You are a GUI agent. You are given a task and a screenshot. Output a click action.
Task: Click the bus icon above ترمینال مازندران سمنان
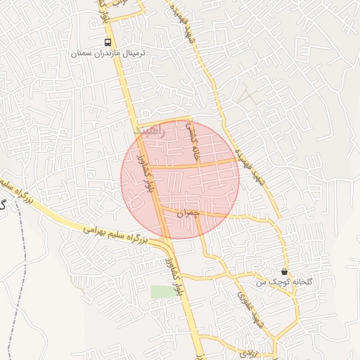click(108, 41)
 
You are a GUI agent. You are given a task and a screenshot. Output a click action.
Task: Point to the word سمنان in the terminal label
click(82, 53)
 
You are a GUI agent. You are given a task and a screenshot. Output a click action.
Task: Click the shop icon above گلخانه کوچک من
click(284, 271)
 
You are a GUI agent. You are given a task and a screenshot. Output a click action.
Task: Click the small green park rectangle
click(160, 290)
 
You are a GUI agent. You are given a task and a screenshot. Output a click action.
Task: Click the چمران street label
click(189, 212)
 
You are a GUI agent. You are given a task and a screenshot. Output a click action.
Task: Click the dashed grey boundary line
click(21, 281)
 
